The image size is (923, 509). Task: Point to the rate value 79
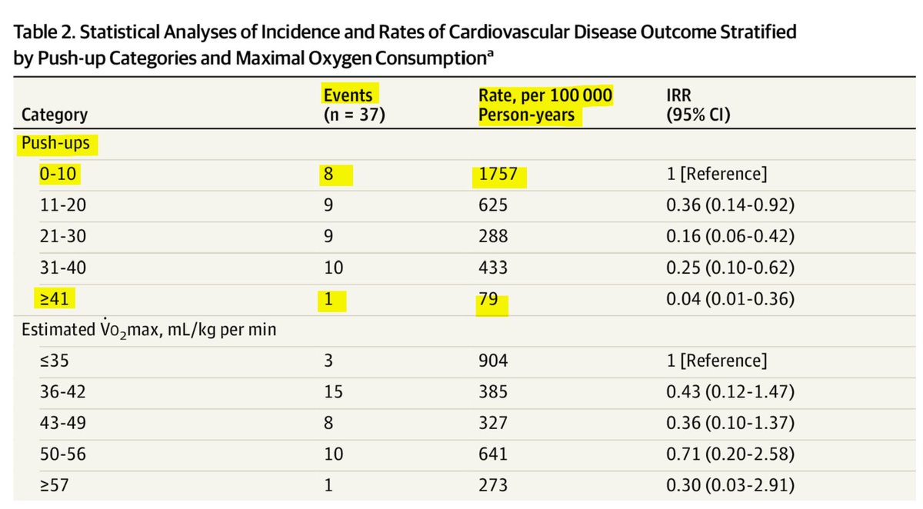491,300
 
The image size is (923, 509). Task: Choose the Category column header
54,115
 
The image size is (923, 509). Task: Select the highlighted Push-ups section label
55,143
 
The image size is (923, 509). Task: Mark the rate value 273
492,485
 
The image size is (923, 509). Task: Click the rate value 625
492,206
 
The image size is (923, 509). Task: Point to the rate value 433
492,268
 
